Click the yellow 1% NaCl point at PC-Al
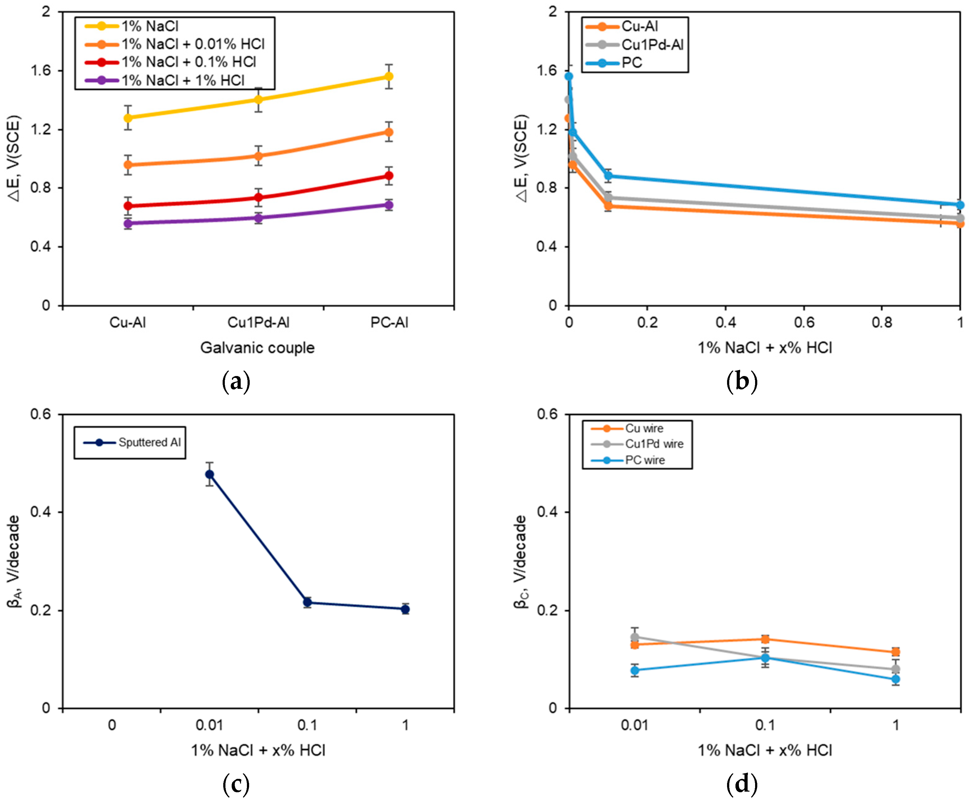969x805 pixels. coord(389,77)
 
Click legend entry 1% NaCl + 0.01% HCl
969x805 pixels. coord(193,44)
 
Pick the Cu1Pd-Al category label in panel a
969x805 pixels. coord(258,322)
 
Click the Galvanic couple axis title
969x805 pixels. coord(258,348)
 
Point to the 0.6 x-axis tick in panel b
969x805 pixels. coord(804,322)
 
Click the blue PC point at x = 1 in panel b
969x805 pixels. coord(960,205)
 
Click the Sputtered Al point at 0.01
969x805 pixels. coord(210,474)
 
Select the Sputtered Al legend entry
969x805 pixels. coord(149,442)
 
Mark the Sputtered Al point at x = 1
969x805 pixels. coord(405,610)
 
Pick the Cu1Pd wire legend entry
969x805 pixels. coord(654,444)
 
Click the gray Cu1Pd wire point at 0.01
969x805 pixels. coord(635,637)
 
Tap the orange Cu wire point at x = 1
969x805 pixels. coord(896,652)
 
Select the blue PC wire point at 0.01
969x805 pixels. coord(635,670)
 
